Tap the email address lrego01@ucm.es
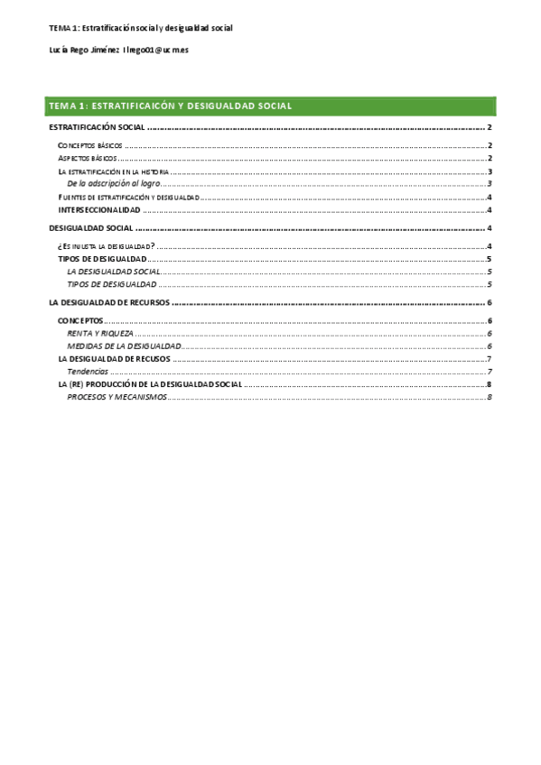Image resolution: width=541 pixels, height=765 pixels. (x=162, y=51)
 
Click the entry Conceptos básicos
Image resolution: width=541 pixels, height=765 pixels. (x=89, y=145)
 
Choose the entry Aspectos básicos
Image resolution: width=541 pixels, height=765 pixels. (x=87, y=158)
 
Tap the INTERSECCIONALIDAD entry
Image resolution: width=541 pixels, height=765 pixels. (x=98, y=209)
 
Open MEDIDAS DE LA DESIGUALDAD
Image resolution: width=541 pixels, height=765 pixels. (x=125, y=346)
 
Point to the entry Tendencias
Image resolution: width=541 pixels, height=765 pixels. (x=88, y=372)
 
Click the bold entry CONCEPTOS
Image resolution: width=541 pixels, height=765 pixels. (x=80, y=321)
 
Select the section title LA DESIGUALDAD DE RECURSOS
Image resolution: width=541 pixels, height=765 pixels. (x=108, y=303)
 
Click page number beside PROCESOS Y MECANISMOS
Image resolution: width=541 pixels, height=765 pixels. (x=489, y=397)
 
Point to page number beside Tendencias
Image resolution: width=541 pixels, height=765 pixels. (x=489, y=372)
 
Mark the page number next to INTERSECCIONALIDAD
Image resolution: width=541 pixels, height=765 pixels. (x=489, y=209)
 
